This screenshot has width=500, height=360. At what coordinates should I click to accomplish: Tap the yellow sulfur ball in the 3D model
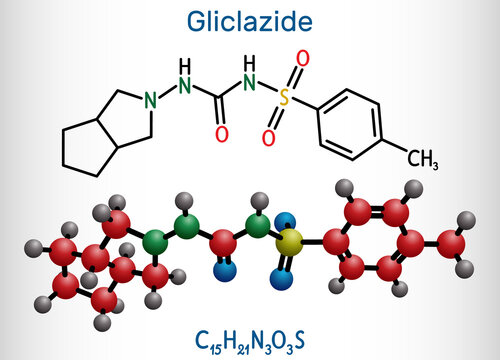289,241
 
